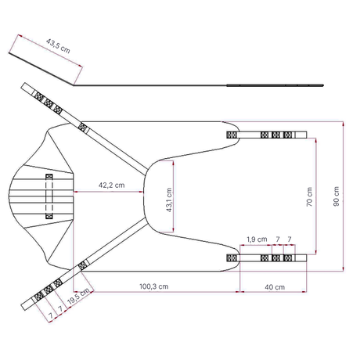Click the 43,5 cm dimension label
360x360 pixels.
tap(58, 46)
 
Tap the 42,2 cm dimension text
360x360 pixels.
tap(111, 185)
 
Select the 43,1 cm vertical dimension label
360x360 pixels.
tap(169, 200)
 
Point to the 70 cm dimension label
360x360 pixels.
tap(309, 196)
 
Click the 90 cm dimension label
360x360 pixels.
tap(337, 196)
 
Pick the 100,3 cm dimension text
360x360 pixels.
tap(154, 286)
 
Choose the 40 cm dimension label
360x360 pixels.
tap(275, 287)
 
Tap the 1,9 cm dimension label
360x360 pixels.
tap(257, 239)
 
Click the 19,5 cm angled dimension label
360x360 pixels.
tap(78, 296)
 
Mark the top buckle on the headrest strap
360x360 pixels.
tap(49, 177)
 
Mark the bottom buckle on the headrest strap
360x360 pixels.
tap(49, 216)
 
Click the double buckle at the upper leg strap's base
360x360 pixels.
tap(232, 135)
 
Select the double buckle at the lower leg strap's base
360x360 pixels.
tap(232, 258)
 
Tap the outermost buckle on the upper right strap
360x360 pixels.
tap(287, 135)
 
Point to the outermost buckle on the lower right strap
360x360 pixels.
tap(287, 258)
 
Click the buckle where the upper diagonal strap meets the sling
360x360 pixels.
tap(83, 128)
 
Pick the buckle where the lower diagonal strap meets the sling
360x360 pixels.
tap(83, 265)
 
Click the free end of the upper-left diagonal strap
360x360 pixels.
tap(24, 86)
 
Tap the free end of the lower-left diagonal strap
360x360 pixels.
tap(24, 307)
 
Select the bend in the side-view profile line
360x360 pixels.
tap(74, 85)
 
